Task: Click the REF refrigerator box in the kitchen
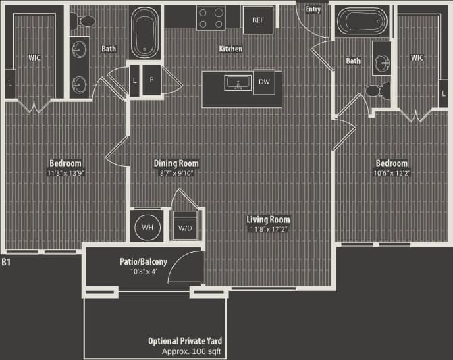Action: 258,20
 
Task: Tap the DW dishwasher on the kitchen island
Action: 263,82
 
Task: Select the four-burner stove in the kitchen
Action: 211,18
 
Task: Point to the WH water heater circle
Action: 148,228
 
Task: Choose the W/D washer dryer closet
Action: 185,228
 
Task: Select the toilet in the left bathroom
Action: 84,22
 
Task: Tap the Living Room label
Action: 268,220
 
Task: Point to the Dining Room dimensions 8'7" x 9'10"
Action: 176,173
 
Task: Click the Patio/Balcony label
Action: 144,262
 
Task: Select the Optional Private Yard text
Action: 185,341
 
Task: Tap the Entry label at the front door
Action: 313,9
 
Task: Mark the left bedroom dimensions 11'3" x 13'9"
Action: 65,173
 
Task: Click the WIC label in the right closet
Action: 417,57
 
